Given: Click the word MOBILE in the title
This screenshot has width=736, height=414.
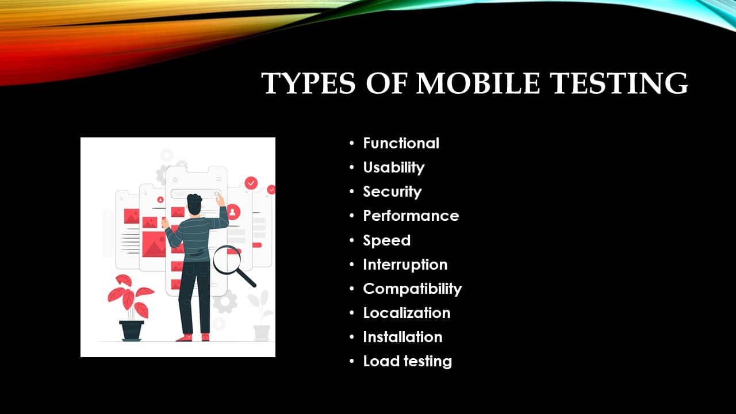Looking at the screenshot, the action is [x=478, y=83].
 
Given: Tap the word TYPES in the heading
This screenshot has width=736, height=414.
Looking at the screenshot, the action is [x=308, y=83].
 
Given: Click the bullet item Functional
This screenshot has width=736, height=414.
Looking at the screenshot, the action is [x=401, y=143].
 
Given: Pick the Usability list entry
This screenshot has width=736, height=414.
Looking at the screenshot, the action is [x=394, y=168].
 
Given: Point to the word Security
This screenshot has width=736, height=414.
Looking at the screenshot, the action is [x=392, y=192].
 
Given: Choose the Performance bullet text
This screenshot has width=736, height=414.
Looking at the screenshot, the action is [x=411, y=216].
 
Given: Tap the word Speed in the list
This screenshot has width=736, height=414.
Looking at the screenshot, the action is [x=387, y=240].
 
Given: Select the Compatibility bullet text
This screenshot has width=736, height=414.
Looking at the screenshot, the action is [x=412, y=289].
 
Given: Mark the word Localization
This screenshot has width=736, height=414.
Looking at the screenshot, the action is [x=407, y=313].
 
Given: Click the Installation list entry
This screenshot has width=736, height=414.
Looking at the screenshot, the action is [x=402, y=337].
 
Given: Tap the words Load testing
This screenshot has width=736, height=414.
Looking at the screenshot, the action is [x=408, y=362].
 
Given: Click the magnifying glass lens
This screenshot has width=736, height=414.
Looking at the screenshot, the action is [x=227, y=259].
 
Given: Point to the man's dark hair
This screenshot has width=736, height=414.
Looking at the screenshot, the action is [x=194, y=204].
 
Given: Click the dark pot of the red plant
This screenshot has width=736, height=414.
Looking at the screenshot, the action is [x=132, y=331].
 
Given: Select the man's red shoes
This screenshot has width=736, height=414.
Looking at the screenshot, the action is [x=193, y=337].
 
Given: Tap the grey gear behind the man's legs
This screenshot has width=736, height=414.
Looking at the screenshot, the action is [x=225, y=301].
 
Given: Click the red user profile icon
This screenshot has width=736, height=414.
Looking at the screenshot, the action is [x=233, y=212].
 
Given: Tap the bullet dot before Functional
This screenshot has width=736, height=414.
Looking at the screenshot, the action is [x=352, y=143].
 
